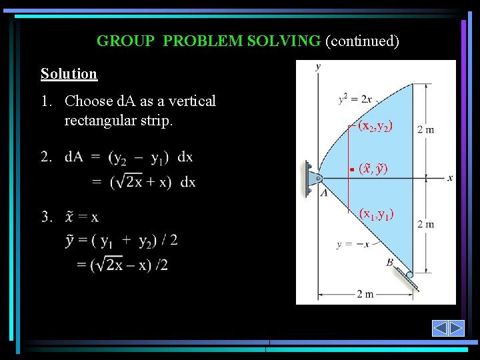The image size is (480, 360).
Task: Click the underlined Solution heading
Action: [69, 74]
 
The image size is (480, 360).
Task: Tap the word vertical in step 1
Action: [193, 101]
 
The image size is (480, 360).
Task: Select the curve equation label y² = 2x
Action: [355, 99]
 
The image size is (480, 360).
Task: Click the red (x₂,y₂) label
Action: [375, 125]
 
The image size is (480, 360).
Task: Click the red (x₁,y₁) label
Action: [376, 214]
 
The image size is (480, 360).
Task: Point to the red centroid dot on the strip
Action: [351, 170]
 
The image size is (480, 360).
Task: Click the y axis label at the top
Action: [318, 66]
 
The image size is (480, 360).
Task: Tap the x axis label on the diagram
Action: [450, 177]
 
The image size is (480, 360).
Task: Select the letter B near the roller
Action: [389, 263]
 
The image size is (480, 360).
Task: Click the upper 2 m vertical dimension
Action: [425, 129]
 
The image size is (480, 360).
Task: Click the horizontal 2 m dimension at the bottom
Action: [364, 294]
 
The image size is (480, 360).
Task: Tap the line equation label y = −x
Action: [353, 244]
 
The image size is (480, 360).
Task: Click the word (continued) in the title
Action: [362, 41]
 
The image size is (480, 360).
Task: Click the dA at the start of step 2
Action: [74, 157]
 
